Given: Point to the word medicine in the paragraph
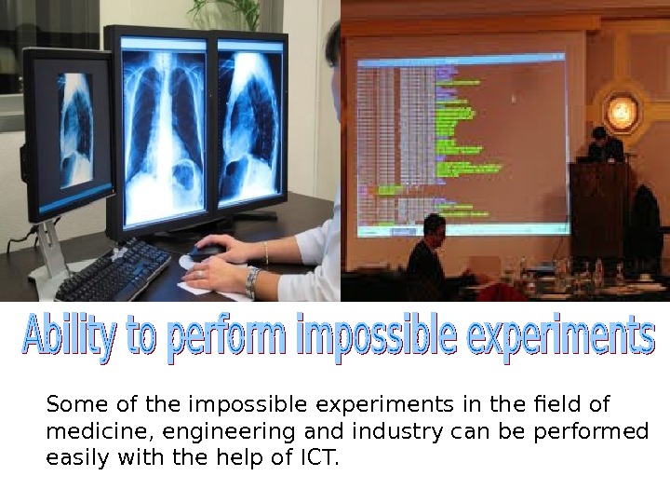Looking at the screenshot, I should pos(88,432).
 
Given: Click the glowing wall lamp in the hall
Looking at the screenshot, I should pos(621,113).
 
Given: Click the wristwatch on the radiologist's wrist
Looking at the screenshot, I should pos(252,279).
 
